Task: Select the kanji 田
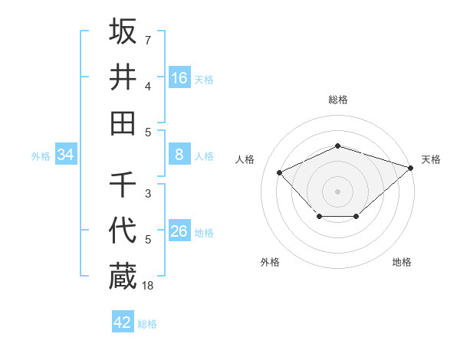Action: (x=123, y=123)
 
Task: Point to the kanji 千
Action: (x=123, y=185)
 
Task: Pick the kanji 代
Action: (x=123, y=231)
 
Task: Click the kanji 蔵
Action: (x=123, y=276)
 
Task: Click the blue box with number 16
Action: (x=179, y=77)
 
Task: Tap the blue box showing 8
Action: (x=179, y=155)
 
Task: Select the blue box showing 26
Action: (x=179, y=231)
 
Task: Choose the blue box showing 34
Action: (x=66, y=155)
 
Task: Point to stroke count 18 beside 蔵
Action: (x=148, y=285)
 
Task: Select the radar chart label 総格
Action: (x=337, y=100)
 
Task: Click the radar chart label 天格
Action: (x=431, y=159)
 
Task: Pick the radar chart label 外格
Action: (x=270, y=262)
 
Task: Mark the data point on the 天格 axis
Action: (x=412, y=167)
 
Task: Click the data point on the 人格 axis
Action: (x=280, y=172)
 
